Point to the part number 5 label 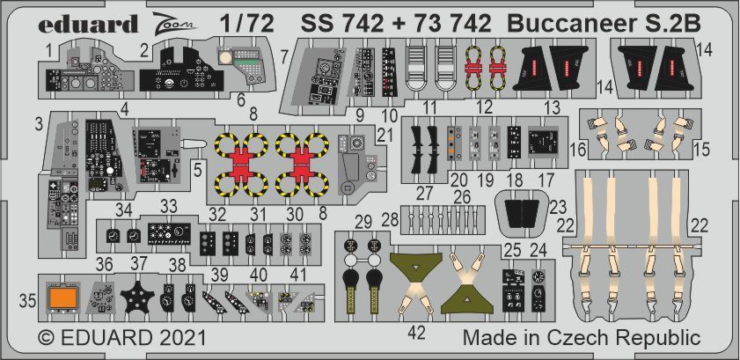[201, 164]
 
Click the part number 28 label [387, 217]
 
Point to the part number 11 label [429, 107]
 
